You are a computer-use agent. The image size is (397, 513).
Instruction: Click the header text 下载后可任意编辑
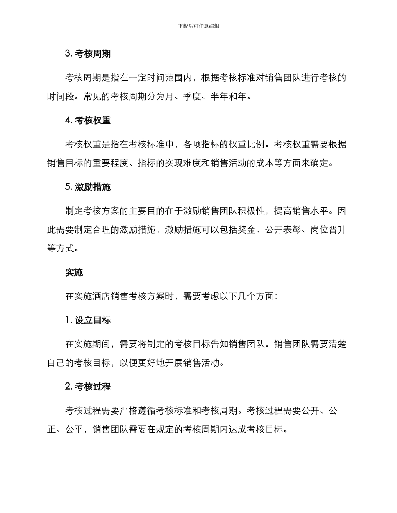(198, 26)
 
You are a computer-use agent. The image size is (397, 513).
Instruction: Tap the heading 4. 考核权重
(88, 120)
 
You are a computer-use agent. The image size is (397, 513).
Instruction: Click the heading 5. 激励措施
(88, 187)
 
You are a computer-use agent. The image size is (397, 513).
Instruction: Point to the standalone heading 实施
(74, 272)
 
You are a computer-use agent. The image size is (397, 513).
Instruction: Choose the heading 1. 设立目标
(88, 320)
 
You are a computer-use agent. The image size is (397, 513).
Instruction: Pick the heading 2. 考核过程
(88, 387)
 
